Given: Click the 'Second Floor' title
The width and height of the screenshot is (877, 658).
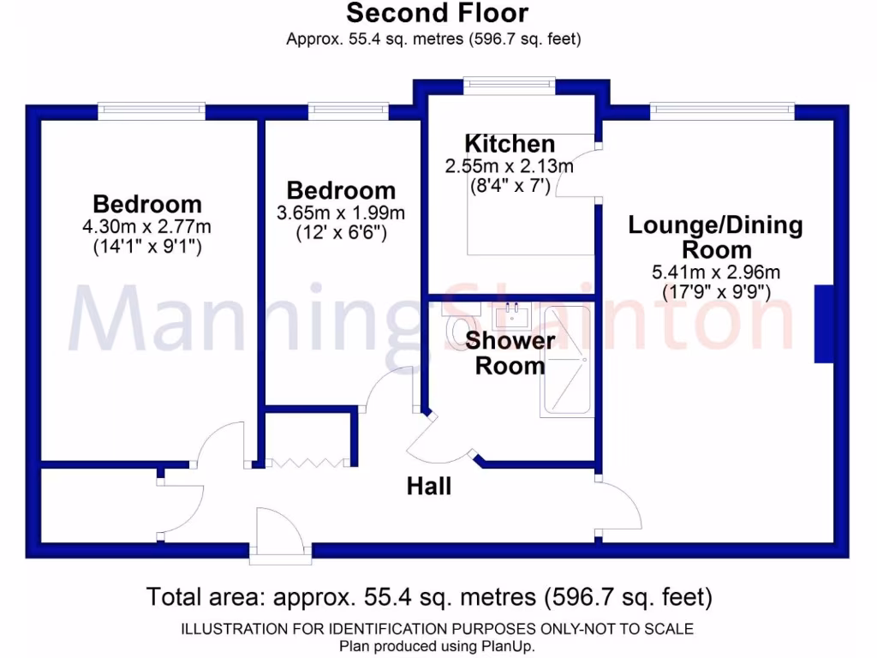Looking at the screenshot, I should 437,14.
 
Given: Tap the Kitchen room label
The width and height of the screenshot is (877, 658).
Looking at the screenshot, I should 510,144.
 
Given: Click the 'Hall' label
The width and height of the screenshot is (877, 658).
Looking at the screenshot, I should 429,487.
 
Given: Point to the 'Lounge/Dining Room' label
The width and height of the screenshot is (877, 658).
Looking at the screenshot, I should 716,237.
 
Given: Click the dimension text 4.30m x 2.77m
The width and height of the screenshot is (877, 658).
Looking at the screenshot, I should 147,227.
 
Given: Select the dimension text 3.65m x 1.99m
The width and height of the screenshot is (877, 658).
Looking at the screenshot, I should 341,212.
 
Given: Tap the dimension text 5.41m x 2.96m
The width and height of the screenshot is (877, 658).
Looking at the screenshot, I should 716,272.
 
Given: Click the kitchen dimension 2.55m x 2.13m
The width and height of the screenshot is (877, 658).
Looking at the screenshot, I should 510,166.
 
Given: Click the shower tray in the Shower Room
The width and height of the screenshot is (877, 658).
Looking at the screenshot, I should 566,361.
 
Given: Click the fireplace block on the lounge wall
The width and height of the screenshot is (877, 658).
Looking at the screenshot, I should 823,324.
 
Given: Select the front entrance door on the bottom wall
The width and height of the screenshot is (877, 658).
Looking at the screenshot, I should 276,535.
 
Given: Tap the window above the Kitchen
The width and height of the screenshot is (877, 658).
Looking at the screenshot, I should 509,84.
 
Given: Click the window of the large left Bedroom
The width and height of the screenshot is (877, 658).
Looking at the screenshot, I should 151,110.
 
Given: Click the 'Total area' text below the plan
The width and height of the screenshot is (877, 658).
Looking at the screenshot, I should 429,595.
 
